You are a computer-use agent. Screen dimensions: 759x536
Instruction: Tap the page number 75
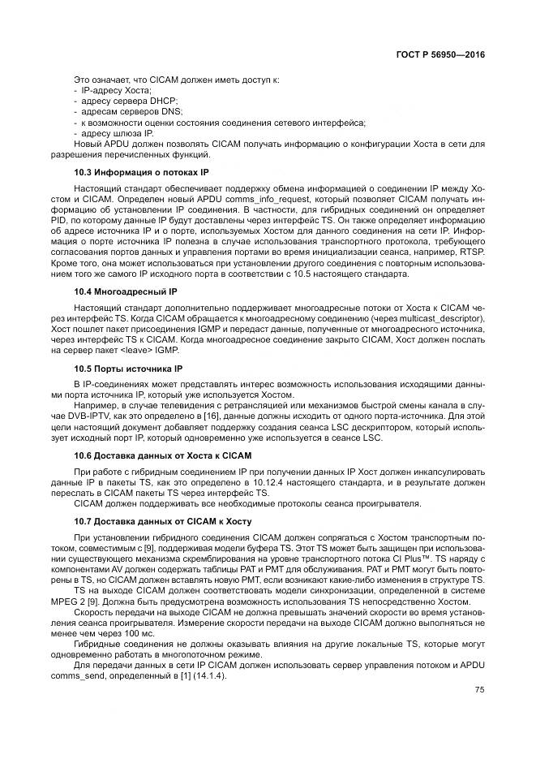[x=479, y=691]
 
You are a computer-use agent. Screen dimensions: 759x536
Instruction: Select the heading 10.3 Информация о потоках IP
[x=141, y=172]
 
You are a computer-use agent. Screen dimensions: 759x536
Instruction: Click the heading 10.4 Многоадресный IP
[x=125, y=291]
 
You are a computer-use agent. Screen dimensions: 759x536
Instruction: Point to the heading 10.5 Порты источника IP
[x=128, y=368]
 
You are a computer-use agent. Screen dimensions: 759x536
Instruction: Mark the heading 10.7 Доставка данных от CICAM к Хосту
[x=163, y=521]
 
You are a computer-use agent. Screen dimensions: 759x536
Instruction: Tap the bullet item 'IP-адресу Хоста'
[x=117, y=90]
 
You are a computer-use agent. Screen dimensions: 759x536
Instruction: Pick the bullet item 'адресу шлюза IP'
[x=117, y=133]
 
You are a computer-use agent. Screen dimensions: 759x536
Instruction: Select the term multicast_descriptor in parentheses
[x=440, y=319]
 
